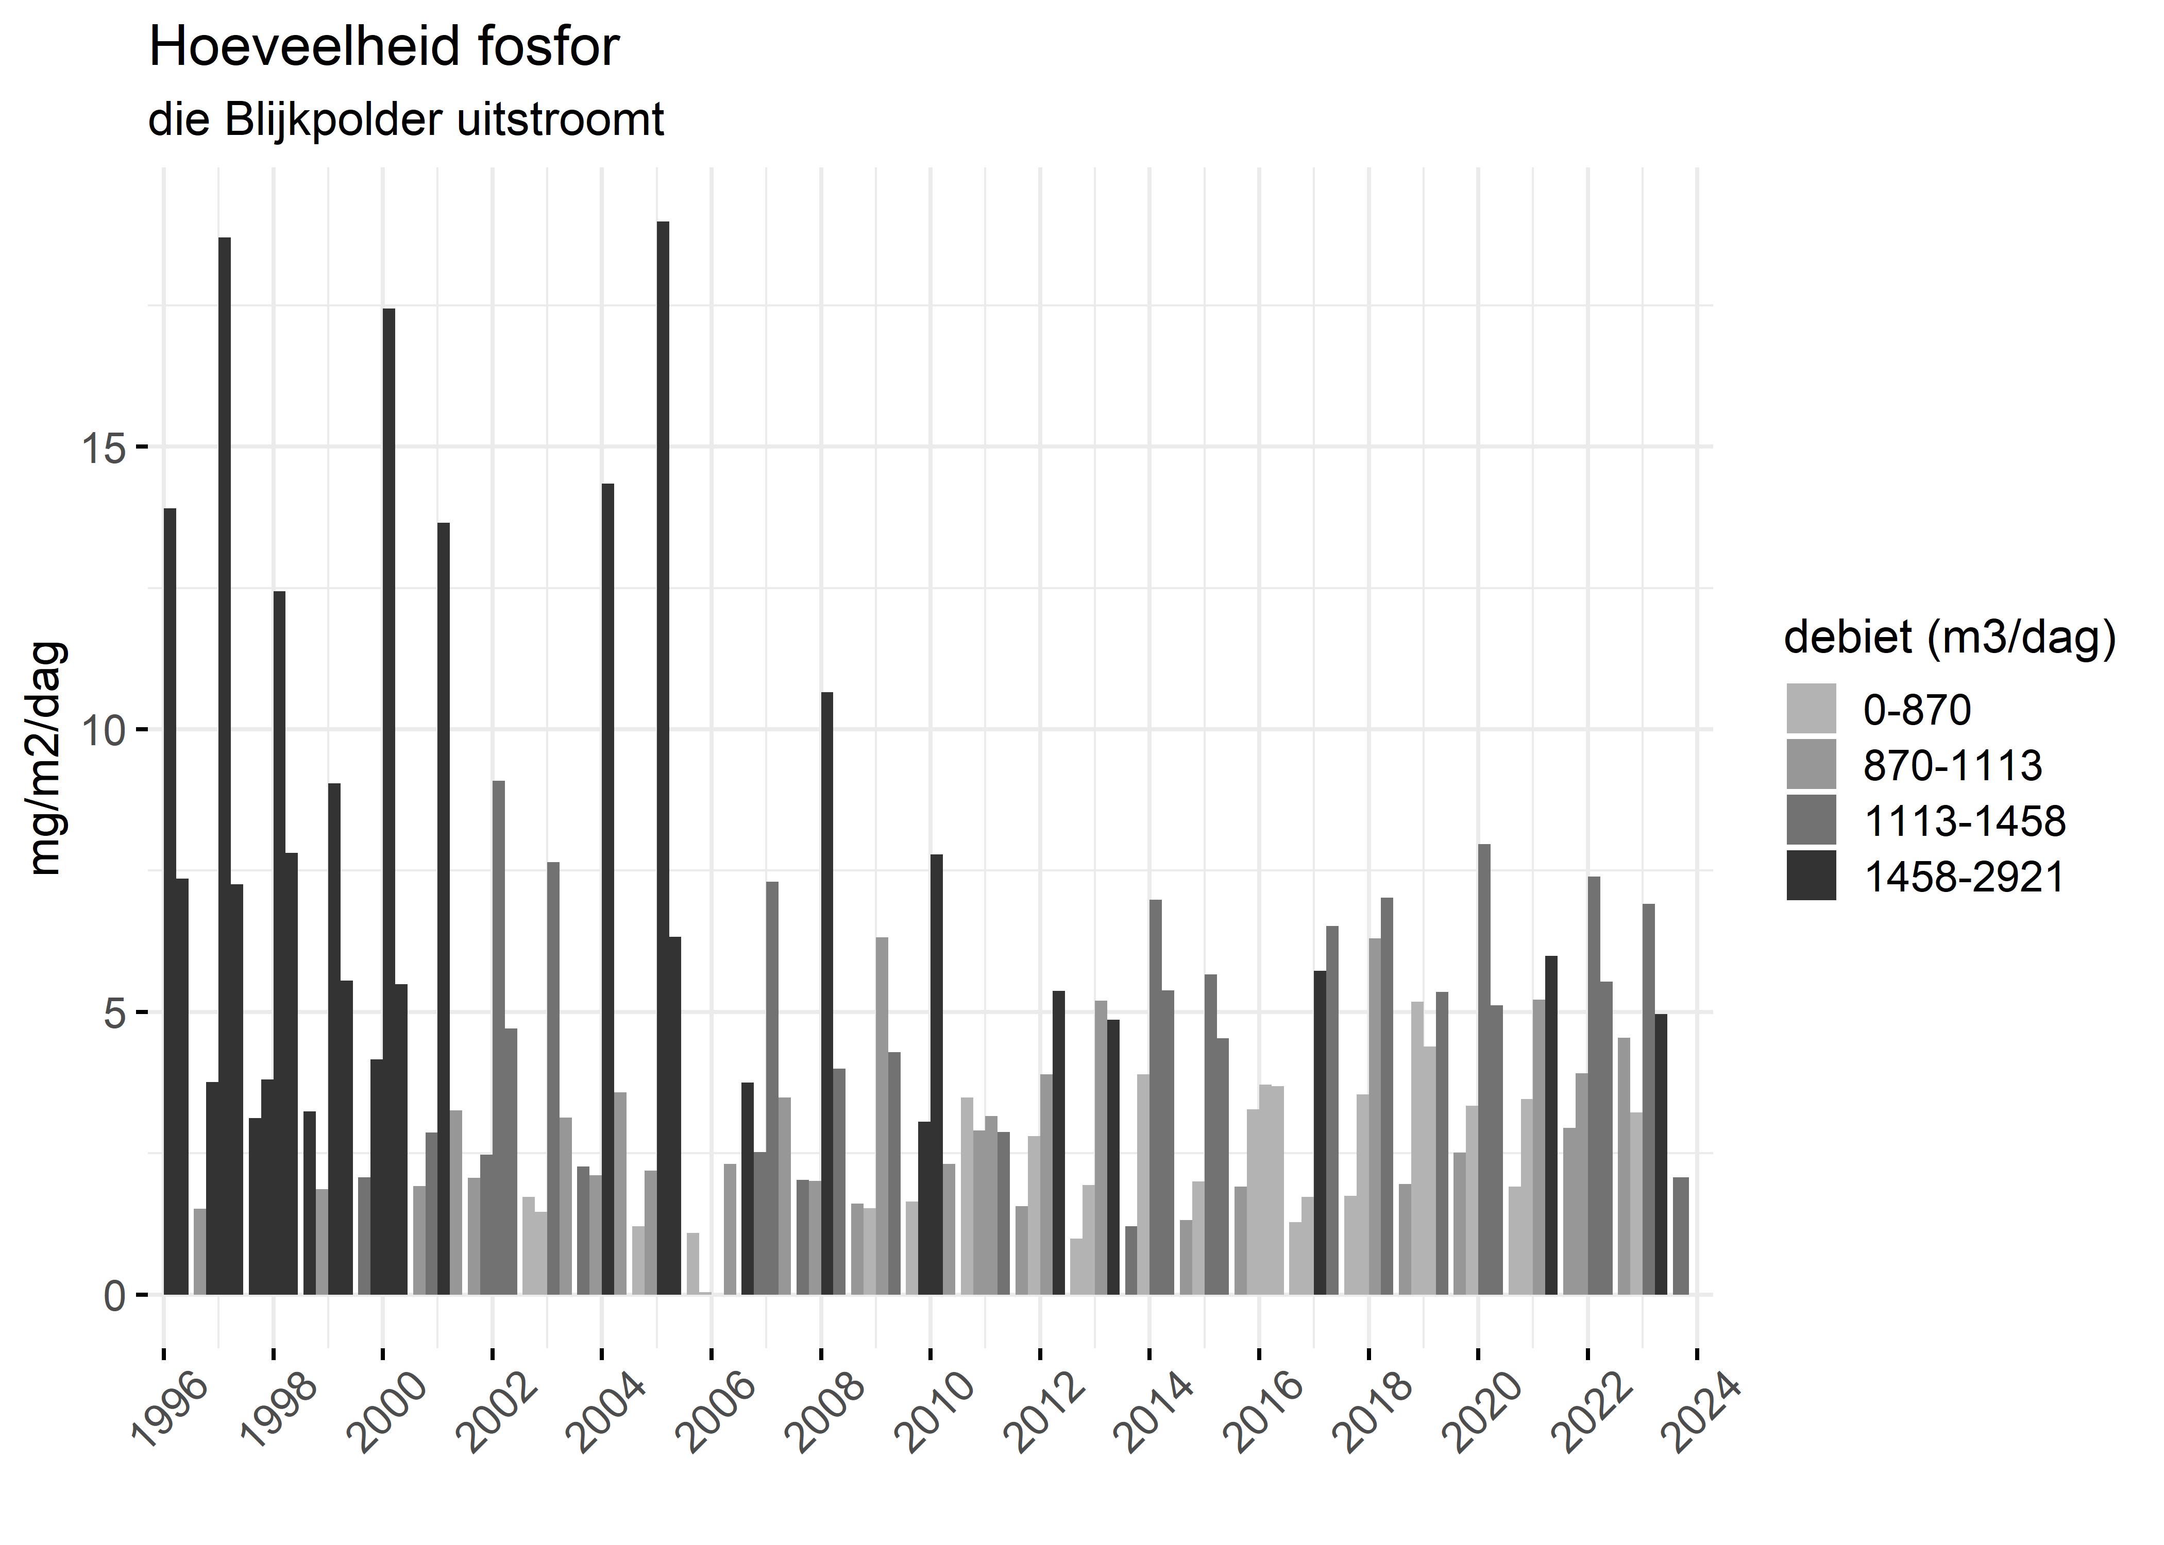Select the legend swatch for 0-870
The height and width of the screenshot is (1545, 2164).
coord(1811,709)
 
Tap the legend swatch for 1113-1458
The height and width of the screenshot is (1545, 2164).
coord(1811,820)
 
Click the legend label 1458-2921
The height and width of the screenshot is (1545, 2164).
coord(1963,876)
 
